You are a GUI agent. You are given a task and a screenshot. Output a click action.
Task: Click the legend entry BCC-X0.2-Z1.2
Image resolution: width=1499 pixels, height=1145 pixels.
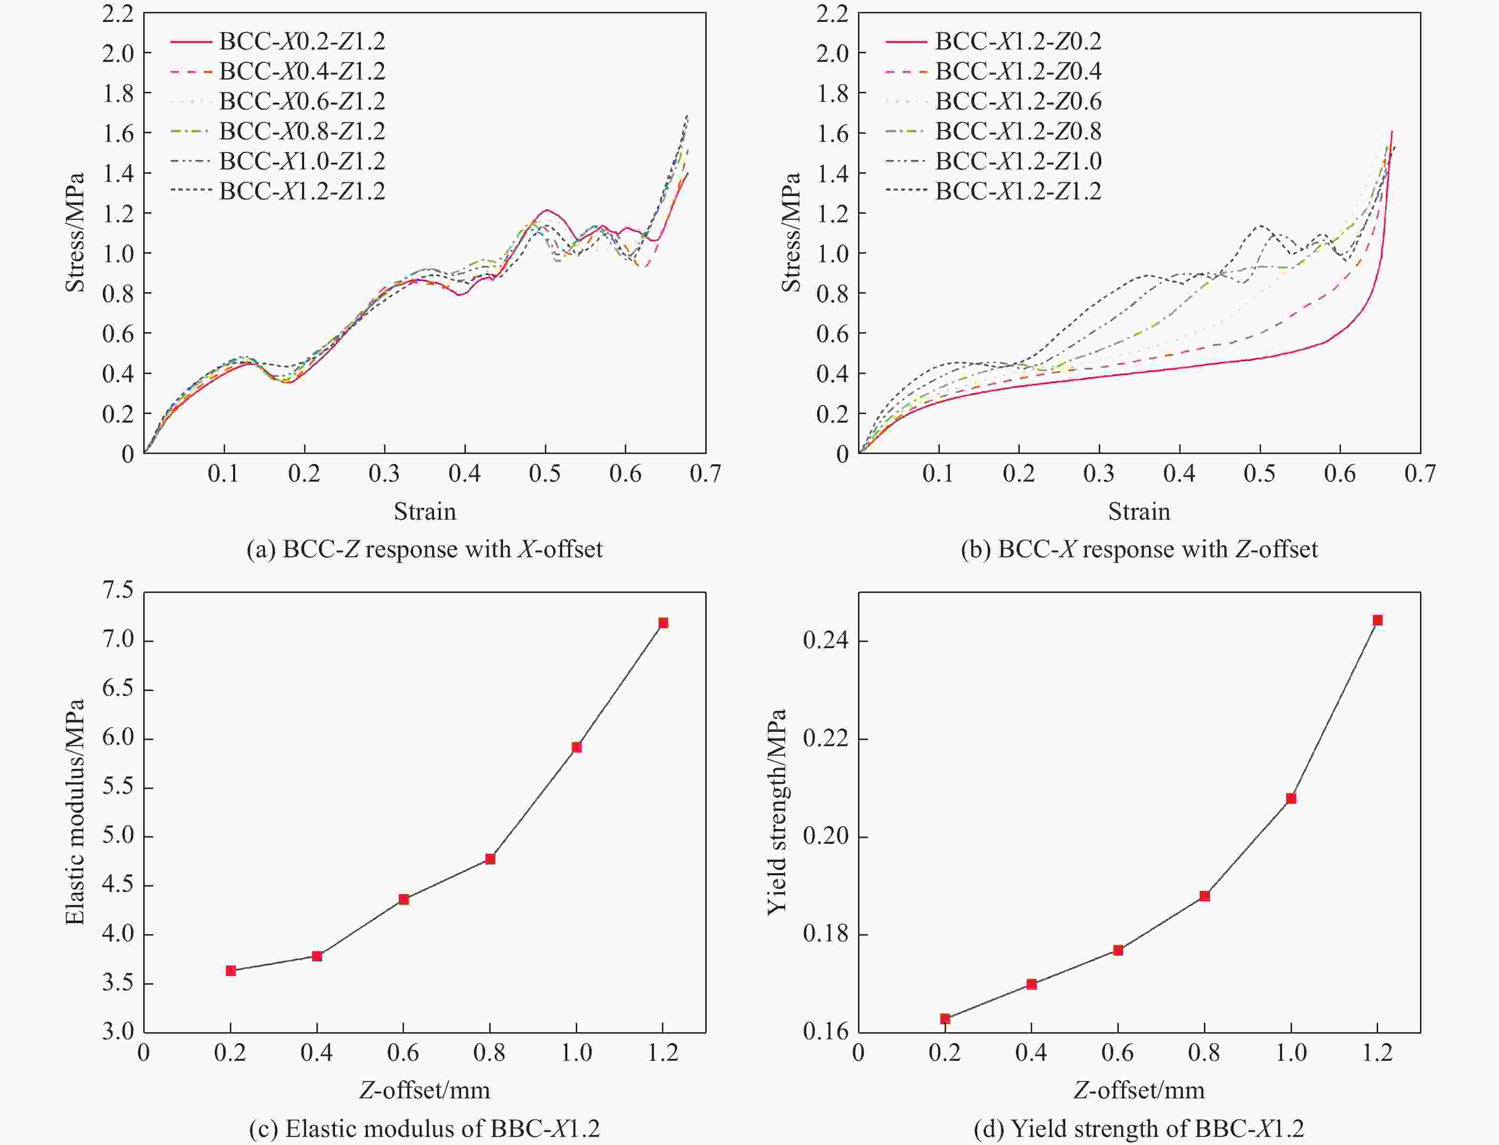coord(302,41)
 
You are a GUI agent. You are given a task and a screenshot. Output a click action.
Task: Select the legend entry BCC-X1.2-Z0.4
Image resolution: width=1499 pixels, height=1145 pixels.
coord(1018,71)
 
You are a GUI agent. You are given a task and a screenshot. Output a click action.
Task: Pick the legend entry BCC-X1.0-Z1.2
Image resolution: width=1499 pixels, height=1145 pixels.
coord(302,161)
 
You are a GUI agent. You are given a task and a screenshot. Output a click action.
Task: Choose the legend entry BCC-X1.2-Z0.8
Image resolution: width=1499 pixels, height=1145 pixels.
coord(1018,131)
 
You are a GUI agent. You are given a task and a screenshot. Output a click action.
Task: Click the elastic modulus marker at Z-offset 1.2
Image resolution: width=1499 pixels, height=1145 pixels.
coord(663,623)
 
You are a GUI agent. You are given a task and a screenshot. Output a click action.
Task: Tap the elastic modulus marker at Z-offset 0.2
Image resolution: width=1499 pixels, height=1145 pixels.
coord(231,970)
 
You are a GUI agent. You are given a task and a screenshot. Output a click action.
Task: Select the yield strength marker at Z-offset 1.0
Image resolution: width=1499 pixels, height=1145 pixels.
coord(1291,799)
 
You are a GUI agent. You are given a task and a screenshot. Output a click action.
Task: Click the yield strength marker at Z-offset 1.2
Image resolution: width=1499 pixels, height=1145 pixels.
coord(1377,620)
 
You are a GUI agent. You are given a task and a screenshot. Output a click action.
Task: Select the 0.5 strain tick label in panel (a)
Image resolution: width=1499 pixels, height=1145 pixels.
coord(545,474)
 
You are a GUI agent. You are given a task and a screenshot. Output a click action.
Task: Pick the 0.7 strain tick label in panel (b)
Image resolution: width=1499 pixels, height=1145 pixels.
coord(1420,474)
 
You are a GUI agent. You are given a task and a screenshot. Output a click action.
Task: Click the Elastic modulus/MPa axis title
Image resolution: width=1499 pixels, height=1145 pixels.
coord(75,811)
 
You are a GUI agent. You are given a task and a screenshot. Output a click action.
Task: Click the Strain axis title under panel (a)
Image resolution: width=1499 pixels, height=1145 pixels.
coord(424,511)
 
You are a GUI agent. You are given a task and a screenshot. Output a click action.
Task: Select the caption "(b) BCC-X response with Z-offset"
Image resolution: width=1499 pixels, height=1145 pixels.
coord(1139,549)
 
